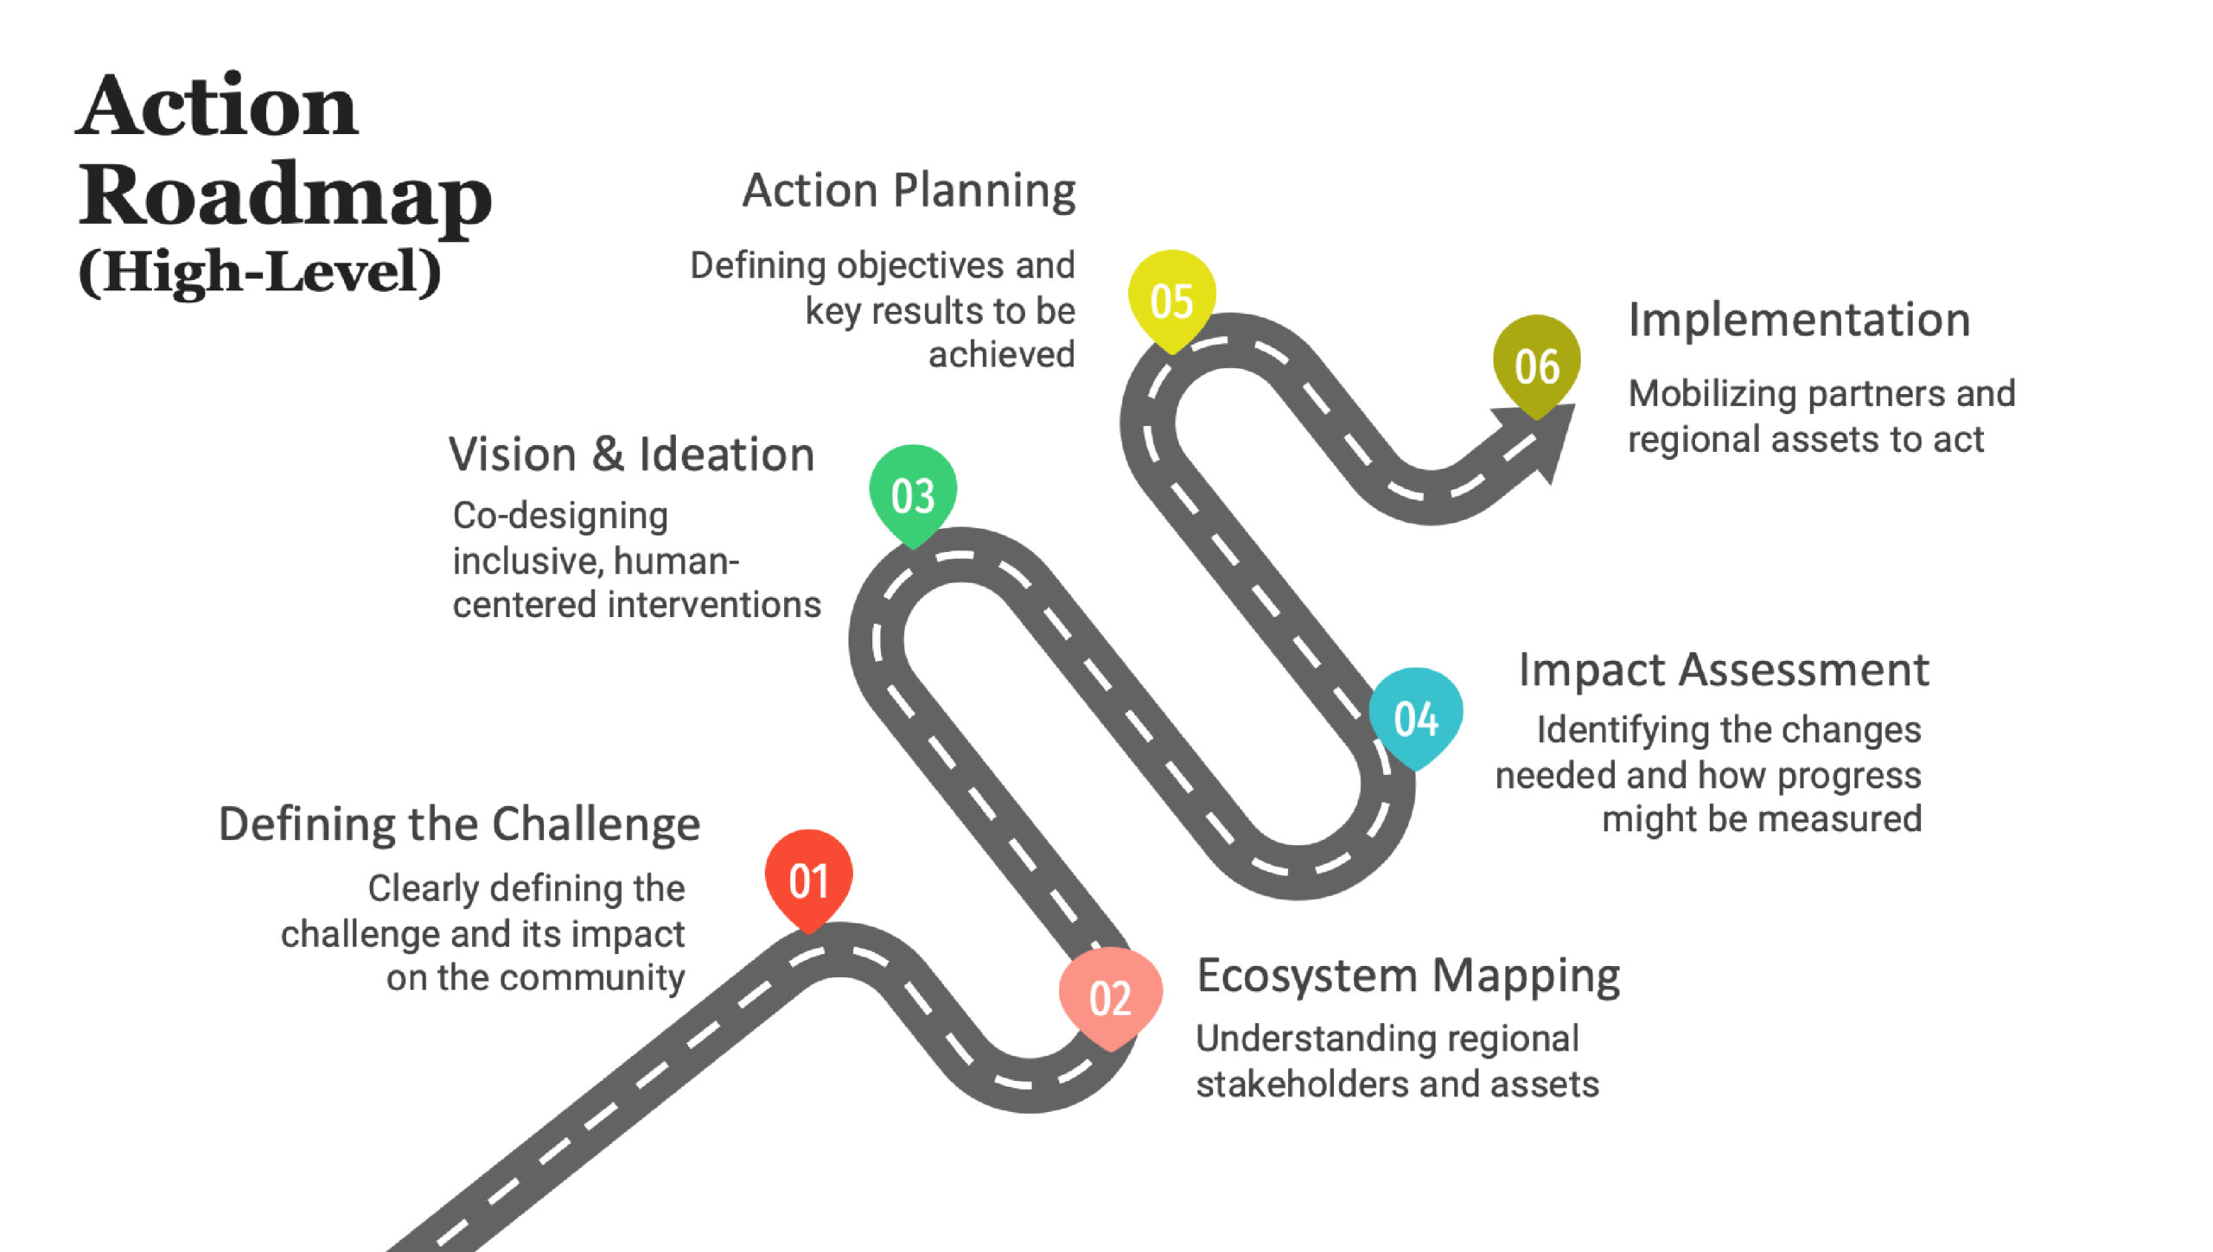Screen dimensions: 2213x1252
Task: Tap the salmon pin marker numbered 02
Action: (1111, 998)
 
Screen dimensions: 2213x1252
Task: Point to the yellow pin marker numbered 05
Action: (1172, 301)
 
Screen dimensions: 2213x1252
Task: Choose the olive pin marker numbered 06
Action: (1537, 366)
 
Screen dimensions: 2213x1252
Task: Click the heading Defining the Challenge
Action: (459, 824)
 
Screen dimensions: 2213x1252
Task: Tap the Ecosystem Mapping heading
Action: (1408, 976)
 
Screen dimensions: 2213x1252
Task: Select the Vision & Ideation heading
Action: (632, 454)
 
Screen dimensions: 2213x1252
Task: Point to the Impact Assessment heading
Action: (1724, 670)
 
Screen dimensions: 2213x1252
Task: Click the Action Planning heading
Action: (909, 191)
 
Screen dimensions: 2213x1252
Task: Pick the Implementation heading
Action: (1800, 320)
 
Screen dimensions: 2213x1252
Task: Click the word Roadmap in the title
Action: (285, 195)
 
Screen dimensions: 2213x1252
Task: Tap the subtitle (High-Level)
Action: (260, 271)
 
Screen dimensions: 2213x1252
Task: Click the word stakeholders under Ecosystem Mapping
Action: (1310, 1084)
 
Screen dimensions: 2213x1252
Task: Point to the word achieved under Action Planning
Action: (1002, 354)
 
